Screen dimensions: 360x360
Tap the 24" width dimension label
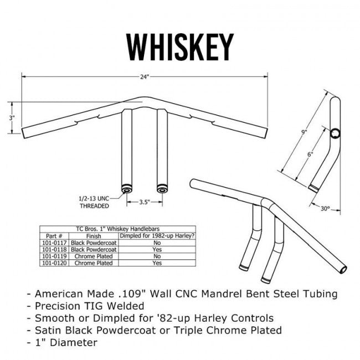click(x=145, y=77)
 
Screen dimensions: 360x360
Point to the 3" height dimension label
click(x=12, y=117)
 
